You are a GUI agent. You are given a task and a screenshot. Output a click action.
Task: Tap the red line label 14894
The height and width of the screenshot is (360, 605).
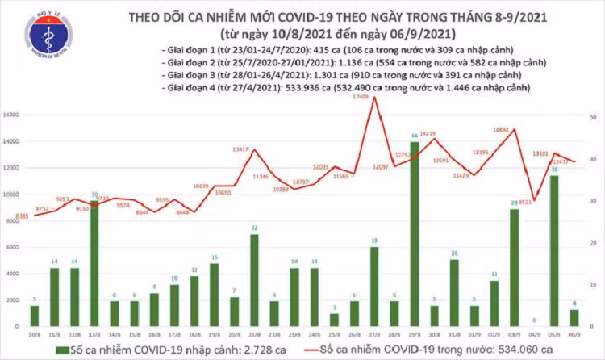500,129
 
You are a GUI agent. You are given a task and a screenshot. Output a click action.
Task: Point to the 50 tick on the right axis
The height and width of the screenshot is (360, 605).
592,117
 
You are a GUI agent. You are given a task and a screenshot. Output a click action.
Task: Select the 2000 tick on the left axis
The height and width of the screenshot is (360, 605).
15,300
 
